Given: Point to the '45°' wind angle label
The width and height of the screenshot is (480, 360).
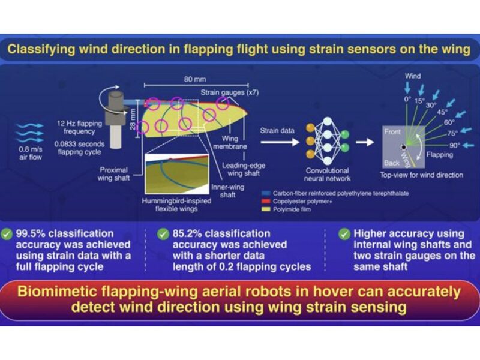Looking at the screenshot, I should pos(442,112).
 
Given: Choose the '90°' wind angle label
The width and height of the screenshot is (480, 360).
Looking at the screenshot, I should pos(454,145).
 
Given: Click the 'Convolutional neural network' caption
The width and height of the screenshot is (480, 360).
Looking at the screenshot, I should pos(328,173).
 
